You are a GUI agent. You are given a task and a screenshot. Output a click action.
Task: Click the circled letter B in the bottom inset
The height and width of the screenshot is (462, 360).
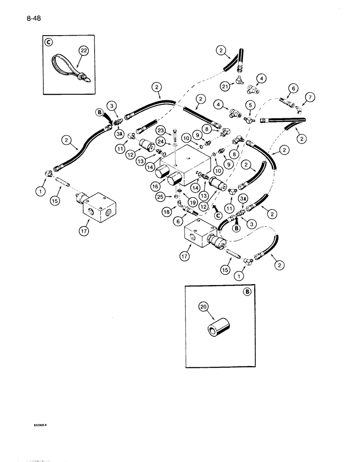249,292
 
